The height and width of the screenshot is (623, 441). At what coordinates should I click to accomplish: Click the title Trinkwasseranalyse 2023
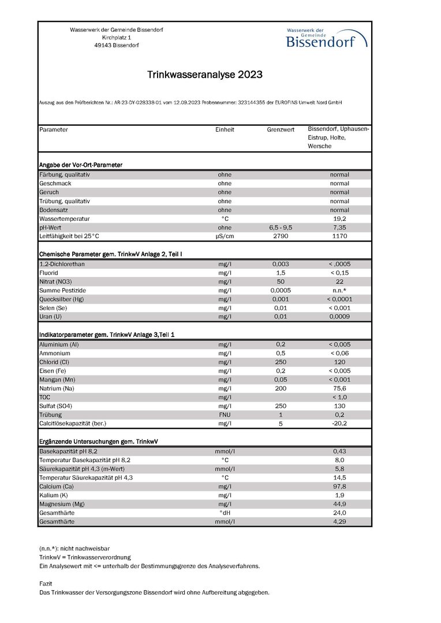[x=205, y=75]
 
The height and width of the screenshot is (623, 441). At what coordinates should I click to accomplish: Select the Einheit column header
[x=225, y=130]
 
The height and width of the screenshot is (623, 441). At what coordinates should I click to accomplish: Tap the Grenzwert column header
[x=281, y=130]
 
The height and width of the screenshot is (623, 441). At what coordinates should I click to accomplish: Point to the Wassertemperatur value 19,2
[x=339, y=219]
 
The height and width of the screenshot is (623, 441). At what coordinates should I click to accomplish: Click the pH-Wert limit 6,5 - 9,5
[x=281, y=228]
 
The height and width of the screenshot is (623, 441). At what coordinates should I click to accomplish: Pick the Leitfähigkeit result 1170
[x=339, y=237]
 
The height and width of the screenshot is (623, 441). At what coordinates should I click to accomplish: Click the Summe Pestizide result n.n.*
[x=339, y=290]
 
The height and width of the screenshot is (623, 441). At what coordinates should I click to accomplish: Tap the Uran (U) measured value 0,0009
[x=339, y=317]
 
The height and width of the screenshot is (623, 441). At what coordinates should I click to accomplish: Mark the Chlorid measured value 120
[x=339, y=362]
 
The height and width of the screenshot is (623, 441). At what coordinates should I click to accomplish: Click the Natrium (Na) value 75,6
[x=339, y=388]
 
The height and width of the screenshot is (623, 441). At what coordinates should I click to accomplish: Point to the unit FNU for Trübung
[x=225, y=415]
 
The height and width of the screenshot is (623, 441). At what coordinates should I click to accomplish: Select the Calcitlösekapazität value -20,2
[x=339, y=423]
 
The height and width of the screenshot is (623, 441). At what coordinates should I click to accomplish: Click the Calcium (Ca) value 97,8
[x=339, y=486]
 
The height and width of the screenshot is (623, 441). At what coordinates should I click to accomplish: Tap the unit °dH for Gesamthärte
[x=225, y=513]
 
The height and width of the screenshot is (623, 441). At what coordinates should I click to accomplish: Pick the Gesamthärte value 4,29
[x=339, y=521]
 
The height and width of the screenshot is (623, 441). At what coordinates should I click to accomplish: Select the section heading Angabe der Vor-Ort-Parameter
[x=80, y=165]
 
